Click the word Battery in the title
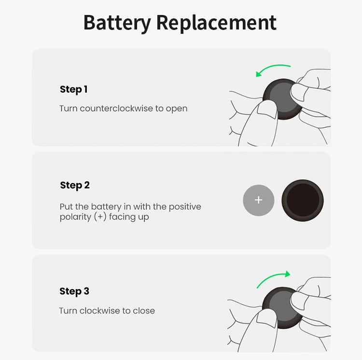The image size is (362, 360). click(x=116, y=23)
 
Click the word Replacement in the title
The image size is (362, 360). click(x=216, y=23)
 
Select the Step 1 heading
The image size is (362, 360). click(x=73, y=89)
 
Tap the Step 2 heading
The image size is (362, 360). click(x=75, y=186)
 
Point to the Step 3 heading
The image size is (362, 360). click(x=74, y=291)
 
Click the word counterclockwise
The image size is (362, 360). click(x=116, y=108)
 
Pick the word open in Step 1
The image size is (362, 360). click(x=177, y=109)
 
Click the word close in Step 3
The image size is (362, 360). click(x=144, y=311)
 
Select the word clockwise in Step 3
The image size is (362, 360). click(x=100, y=311)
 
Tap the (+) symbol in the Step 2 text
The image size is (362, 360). click(x=100, y=217)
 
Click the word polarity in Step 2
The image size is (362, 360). click(x=75, y=217)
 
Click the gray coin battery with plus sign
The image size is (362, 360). click(x=258, y=200)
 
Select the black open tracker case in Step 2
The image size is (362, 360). click(x=302, y=200)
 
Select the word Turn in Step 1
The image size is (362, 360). click(x=69, y=108)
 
